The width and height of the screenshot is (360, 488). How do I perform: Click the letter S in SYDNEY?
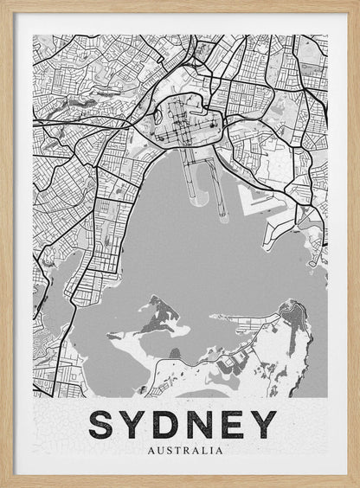tap(105, 424)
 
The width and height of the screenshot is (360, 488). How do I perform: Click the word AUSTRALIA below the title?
tap(185, 450)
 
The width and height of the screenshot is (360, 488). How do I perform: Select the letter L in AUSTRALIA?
tap(204, 450)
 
